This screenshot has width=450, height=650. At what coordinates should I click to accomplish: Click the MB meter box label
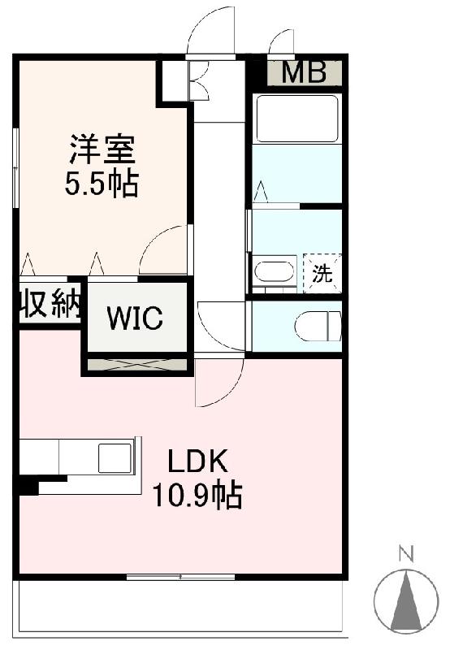coord(304,72)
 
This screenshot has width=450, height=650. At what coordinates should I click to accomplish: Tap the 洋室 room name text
coord(102,149)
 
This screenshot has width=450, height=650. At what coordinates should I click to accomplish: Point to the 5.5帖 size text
coord(102,184)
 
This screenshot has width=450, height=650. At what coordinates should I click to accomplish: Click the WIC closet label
coord(136,318)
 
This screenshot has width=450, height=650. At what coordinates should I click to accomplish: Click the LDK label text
coord(197,461)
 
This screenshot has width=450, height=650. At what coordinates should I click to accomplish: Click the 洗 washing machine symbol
coord(322,273)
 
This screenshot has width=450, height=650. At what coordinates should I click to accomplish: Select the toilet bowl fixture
coord(318,327)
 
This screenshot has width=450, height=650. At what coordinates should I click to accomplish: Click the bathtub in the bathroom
coord(297,119)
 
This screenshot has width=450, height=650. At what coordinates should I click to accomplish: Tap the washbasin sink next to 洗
coord(274,271)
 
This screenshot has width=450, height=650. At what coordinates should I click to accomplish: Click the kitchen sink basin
coord(115,458)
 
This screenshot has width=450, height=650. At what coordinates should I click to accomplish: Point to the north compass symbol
coord(405,601)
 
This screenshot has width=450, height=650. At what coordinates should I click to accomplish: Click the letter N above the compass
coord(405,554)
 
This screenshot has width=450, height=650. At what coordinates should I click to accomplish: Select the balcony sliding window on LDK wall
coord(180,577)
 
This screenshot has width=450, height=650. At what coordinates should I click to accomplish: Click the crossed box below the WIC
coord(137,364)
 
